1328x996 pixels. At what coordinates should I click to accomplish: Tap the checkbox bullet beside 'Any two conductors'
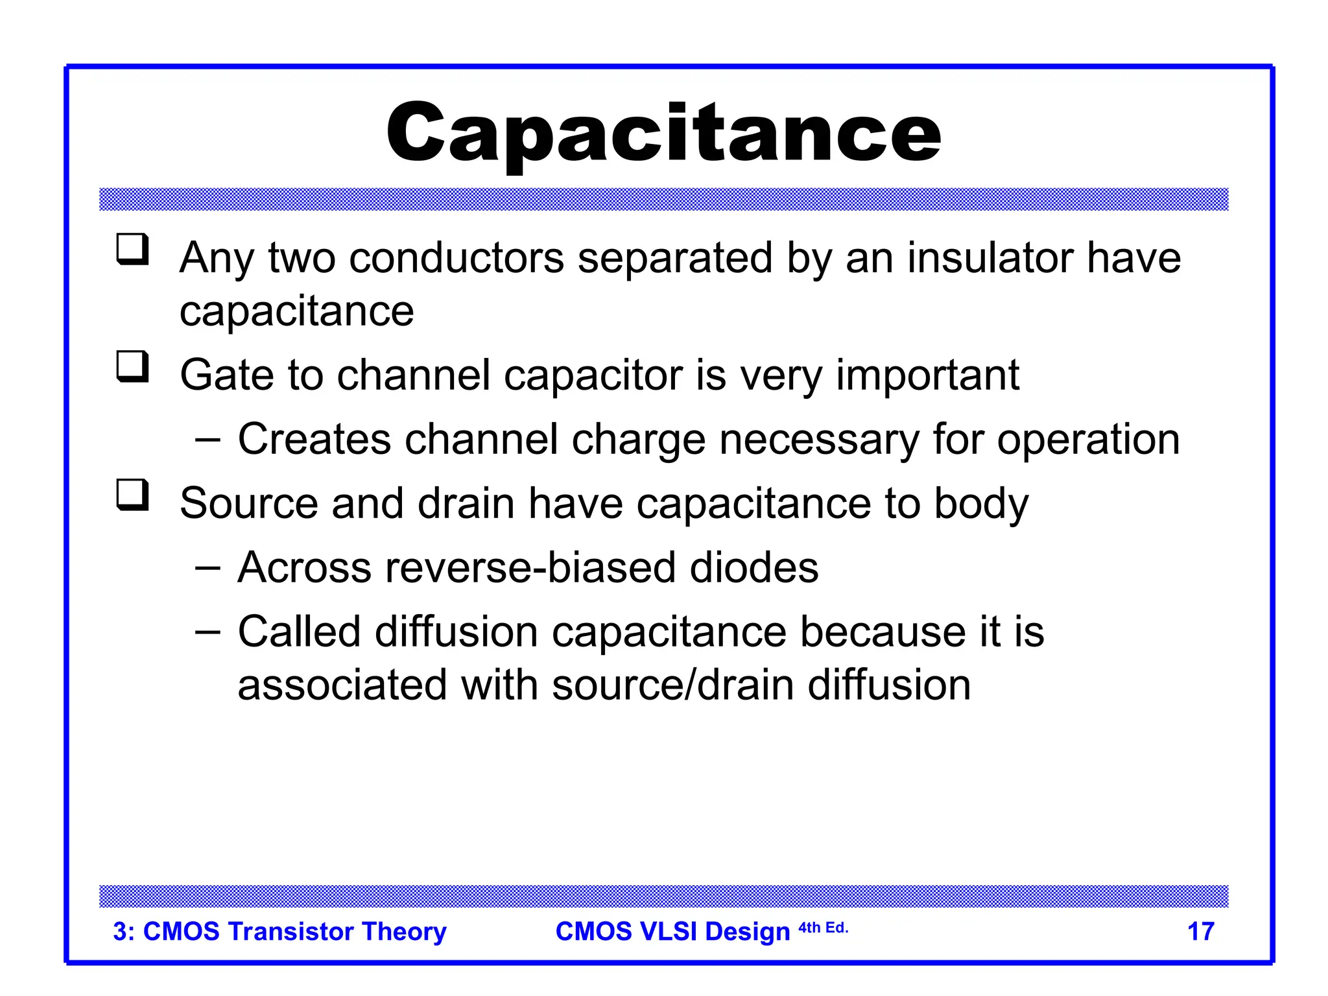(132, 250)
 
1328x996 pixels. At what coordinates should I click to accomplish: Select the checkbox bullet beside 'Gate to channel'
(132, 367)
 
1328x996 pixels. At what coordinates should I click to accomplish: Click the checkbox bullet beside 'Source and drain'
(132, 495)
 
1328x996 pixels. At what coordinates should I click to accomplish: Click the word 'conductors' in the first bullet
(456, 258)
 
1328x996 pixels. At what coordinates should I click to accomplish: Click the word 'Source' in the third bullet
(249, 504)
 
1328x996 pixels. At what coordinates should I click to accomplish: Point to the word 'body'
(980, 505)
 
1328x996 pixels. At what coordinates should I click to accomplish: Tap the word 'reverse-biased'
(530, 568)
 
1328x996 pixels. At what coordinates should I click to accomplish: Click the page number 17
(1200, 932)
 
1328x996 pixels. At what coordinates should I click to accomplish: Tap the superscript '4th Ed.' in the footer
(823, 928)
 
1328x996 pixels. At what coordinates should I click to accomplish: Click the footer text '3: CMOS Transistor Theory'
(279, 932)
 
